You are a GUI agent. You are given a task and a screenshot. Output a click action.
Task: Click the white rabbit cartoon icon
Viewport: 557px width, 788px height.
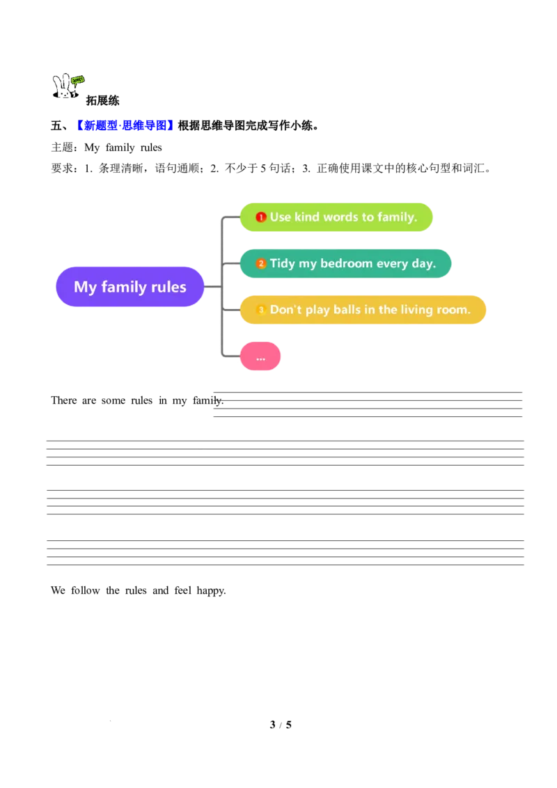(x=63, y=87)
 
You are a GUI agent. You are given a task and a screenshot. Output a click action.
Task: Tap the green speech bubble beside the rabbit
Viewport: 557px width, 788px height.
(x=78, y=79)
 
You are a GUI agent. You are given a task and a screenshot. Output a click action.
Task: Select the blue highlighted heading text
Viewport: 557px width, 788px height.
(x=125, y=125)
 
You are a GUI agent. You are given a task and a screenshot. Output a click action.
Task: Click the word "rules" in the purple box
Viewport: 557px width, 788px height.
(x=168, y=287)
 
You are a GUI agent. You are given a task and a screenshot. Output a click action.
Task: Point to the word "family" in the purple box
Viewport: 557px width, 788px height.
(x=124, y=287)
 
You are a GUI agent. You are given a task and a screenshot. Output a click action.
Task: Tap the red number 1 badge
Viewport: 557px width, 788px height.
(x=261, y=217)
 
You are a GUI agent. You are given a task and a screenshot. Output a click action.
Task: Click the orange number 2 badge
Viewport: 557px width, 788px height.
(x=261, y=264)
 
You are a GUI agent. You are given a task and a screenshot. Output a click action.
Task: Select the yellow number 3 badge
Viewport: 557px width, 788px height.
(x=261, y=310)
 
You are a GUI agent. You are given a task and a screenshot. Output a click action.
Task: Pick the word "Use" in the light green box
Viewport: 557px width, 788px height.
(x=280, y=217)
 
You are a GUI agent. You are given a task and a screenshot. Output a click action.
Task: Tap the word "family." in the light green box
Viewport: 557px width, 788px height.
(x=397, y=217)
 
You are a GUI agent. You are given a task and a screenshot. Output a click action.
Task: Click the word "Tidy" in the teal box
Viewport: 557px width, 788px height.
(x=283, y=264)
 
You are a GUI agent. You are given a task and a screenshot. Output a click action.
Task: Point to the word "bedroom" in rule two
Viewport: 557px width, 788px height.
(x=346, y=264)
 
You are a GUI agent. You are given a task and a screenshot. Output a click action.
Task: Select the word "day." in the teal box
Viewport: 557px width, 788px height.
(x=422, y=264)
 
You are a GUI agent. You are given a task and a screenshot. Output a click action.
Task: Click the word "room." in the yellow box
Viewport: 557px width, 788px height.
(x=454, y=310)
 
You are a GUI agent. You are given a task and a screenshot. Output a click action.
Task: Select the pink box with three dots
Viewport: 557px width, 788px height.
(x=261, y=356)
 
